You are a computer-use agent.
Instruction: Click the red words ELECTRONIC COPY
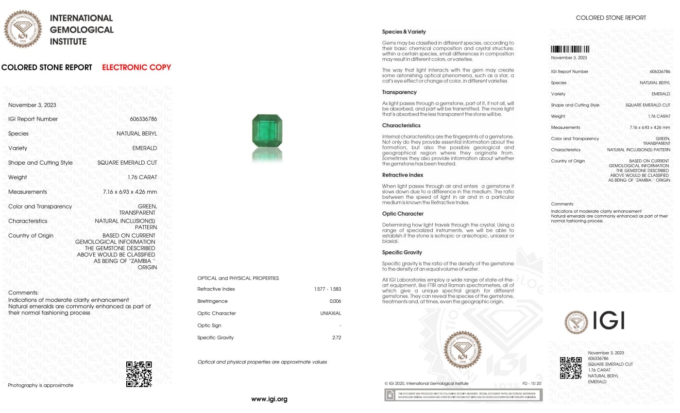136,68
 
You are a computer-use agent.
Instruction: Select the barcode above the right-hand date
570,49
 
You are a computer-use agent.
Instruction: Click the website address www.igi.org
269,399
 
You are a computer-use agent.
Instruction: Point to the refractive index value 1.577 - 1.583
327,289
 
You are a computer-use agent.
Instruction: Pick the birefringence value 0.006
335,301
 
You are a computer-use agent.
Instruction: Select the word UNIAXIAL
330,313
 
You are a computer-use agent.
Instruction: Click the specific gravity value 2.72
337,338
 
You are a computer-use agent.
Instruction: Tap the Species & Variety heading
404,32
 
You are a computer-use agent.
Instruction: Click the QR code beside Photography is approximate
139,374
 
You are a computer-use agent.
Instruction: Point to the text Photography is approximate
40,385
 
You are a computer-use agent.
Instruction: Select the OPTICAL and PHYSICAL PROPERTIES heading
238,278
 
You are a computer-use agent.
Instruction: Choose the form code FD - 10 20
531,383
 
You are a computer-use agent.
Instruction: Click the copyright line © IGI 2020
426,383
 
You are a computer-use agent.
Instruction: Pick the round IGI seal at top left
23,29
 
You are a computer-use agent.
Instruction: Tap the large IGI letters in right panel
608,321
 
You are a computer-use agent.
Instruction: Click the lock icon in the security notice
390,396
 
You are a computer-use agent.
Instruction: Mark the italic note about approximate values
262,362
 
